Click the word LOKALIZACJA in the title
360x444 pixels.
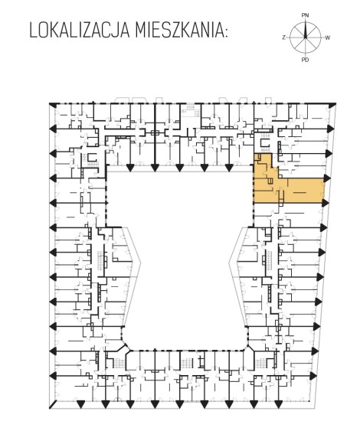79,31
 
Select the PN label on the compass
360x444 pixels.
305,15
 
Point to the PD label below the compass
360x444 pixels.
305,60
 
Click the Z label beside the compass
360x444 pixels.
283,38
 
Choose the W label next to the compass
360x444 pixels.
327,38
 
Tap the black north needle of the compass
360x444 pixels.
306,29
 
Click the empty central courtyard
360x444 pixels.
181,255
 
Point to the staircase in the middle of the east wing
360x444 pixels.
268,260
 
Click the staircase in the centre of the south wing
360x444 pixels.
187,363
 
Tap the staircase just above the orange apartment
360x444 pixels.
265,141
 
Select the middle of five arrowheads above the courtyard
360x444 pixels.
179,168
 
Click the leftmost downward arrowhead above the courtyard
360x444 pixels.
130,168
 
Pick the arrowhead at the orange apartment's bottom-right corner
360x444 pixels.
326,202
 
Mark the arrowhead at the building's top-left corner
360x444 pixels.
53,104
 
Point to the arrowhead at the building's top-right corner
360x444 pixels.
332,104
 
